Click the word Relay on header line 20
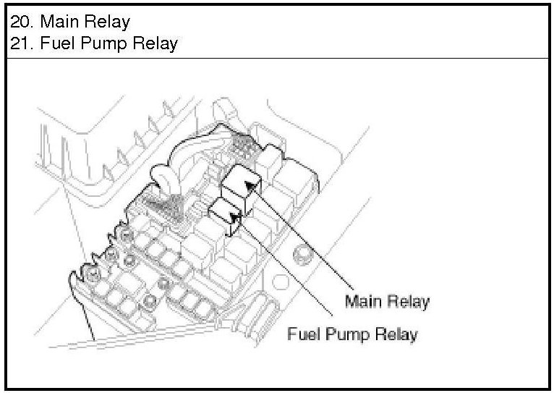pos(108,22)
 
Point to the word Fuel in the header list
pos(56,43)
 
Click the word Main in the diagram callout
pos(362,300)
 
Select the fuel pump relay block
pos(226,217)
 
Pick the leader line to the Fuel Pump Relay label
pos(289,268)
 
